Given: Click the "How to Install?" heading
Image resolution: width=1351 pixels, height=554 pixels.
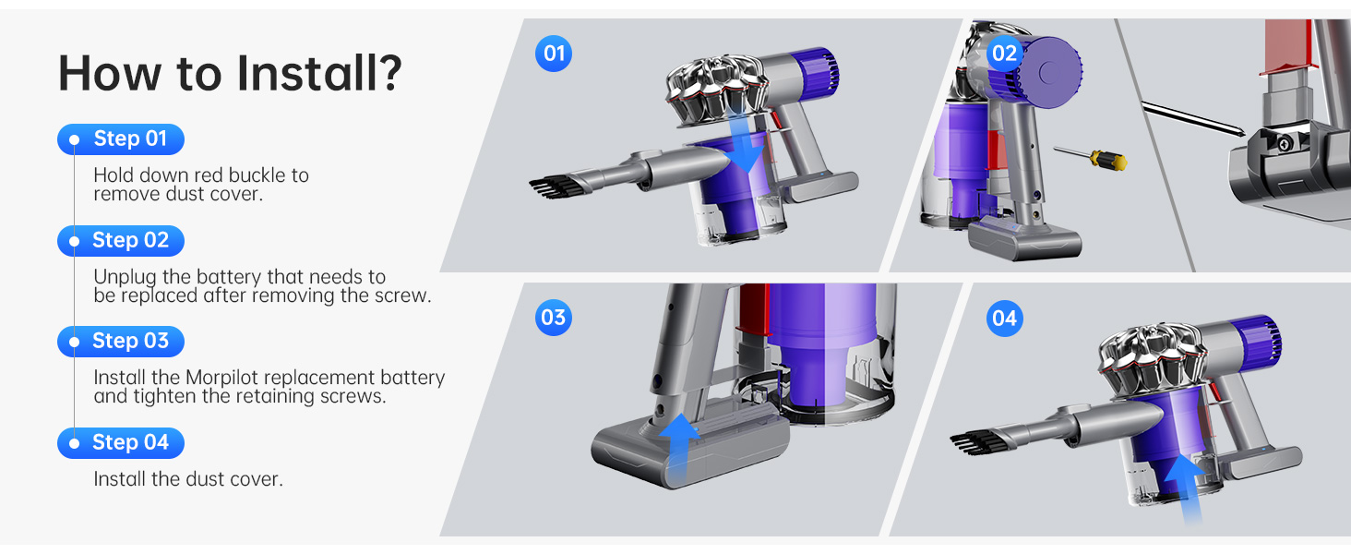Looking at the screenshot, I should (230, 72).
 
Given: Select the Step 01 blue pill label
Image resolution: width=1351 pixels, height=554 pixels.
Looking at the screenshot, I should (121, 139).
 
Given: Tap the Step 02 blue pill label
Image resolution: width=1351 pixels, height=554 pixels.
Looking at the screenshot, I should (121, 241).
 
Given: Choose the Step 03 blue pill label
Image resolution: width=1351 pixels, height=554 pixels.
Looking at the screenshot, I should (121, 342).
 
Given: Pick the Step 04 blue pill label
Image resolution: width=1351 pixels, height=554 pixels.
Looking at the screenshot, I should (121, 443).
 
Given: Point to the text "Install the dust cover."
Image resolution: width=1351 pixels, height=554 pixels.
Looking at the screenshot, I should (187, 479).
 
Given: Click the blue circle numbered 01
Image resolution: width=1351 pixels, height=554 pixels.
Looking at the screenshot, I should (554, 54).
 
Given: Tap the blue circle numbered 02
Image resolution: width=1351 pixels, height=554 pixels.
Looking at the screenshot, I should (1003, 54).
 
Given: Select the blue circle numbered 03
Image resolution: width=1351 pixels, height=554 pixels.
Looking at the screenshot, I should (554, 319).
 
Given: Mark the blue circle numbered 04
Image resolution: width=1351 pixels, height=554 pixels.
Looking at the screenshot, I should (1003, 319).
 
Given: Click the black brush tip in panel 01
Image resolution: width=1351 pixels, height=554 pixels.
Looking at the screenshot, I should (552, 185).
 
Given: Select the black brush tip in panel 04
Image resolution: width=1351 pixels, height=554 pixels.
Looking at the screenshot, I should (974, 442).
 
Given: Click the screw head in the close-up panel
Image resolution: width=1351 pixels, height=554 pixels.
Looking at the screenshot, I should (1285, 144).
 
